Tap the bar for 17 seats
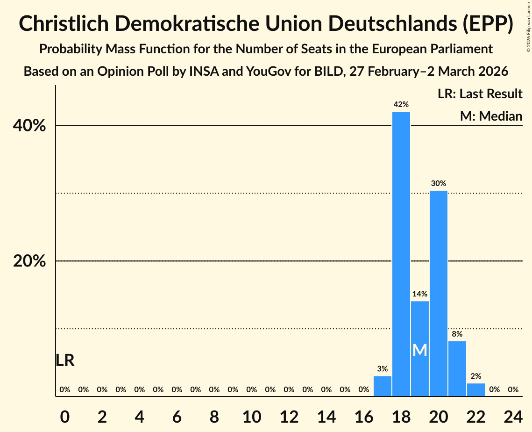[x=383, y=386]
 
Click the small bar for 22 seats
[x=476, y=390]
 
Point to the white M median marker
[x=420, y=350]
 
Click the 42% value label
[x=401, y=104]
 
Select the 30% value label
[x=439, y=183]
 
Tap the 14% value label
[x=420, y=294]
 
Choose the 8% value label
[x=457, y=334]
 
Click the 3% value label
[x=383, y=369]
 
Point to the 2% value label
[x=476, y=376]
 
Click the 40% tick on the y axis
[x=29, y=126]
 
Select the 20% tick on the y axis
[x=29, y=261]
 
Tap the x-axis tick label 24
[x=513, y=417]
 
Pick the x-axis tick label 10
[x=252, y=417]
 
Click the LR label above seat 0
[x=65, y=360]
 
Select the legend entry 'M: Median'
[x=491, y=116]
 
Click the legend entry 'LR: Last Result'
[x=480, y=94]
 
